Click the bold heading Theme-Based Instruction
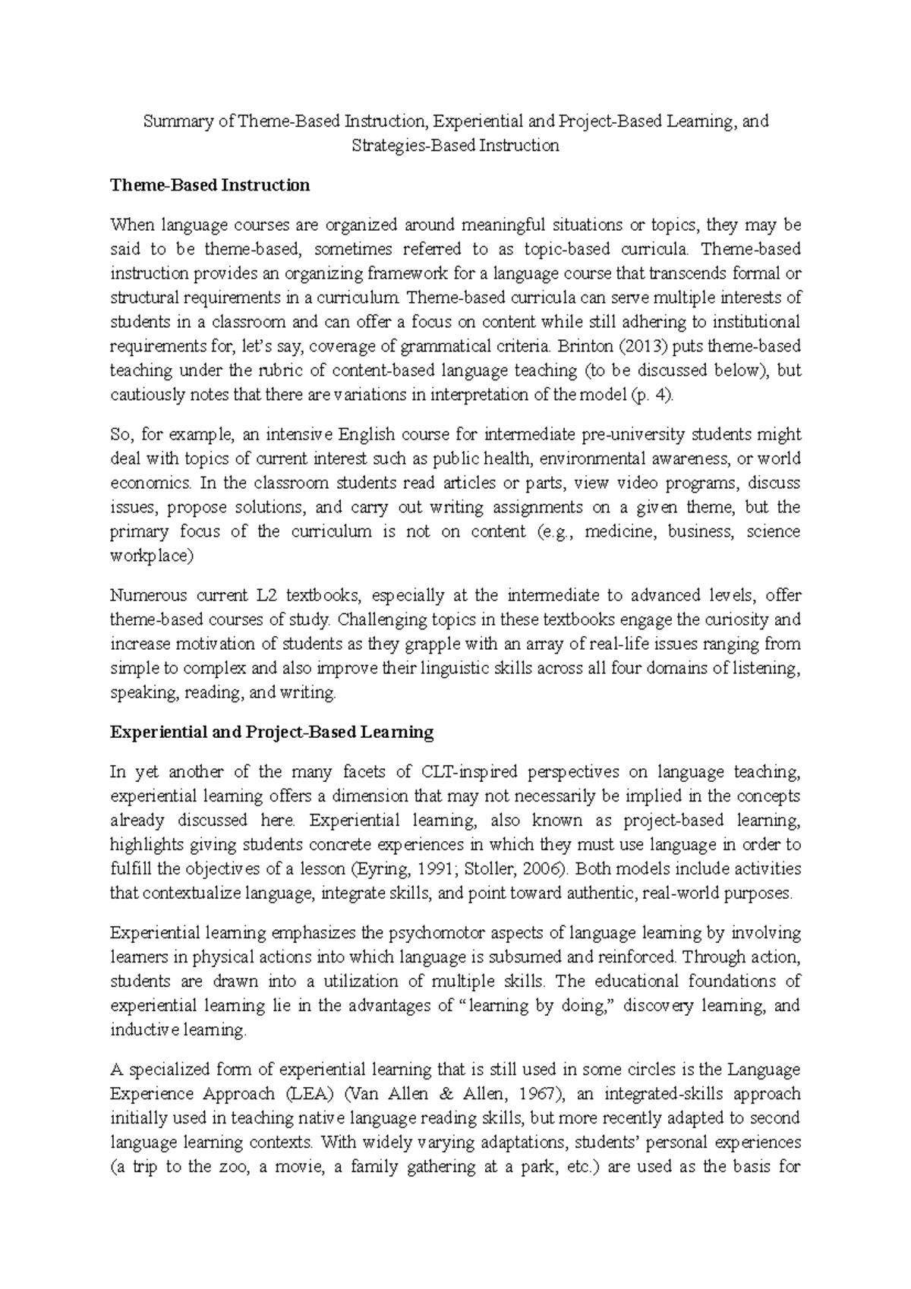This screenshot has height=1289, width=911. click(x=210, y=185)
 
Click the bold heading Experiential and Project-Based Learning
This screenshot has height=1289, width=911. click(x=271, y=733)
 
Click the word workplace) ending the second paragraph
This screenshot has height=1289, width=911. click(x=152, y=556)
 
